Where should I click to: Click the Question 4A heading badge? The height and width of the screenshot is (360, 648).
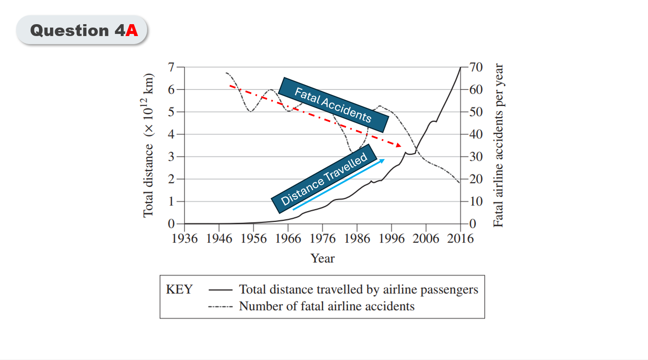pyautogui.click(x=82, y=31)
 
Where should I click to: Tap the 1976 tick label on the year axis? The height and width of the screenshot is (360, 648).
pyautogui.click(x=323, y=239)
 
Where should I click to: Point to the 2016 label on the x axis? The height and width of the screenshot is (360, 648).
pyautogui.click(x=460, y=239)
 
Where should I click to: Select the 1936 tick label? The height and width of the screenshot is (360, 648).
pyautogui.click(x=184, y=239)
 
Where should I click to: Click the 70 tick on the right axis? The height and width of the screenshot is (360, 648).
pyautogui.click(x=476, y=67)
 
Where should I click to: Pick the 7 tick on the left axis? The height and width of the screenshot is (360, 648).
pyautogui.click(x=171, y=67)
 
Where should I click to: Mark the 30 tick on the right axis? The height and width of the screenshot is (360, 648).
pyautogui.click(x=476, y=156)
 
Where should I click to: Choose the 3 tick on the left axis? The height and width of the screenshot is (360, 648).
pyautogui.click(x=171, y=156)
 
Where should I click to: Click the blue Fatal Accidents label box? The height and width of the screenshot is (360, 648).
pyautogui.click(x=333, y=105)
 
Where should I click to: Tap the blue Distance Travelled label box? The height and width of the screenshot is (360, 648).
pyautogui.click(x=324, y=179)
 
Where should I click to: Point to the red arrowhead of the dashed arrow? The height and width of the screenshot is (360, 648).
pyautogui.click(x=398, y=145)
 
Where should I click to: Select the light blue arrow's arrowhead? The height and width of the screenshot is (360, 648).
pyautogui.click(x=382, y=161)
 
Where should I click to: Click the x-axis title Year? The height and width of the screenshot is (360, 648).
pyautogui.click(x=323, y=258)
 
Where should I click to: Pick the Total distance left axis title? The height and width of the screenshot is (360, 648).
pyautogui.click(x=148, y=145)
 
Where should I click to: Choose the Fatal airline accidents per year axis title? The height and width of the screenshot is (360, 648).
pyautogui.click(x=498, y=145)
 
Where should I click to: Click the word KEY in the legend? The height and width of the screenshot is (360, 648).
pyautogui.click(x=179, y=290)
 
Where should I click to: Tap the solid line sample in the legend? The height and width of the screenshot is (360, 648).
pyautogui.click(x=220, y=290)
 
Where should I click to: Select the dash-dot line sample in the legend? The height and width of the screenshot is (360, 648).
pyautogui.click(x=220, y=307)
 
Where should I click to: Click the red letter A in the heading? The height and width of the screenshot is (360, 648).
pyautogui.click(x=132, y=31)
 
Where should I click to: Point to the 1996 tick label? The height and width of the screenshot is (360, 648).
pyautogui.click(x=391, y=239)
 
